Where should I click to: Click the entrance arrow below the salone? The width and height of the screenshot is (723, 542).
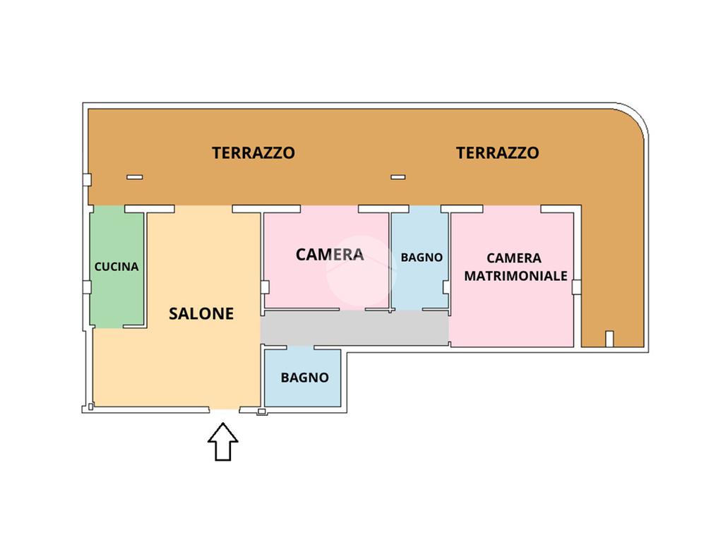pos(223,442)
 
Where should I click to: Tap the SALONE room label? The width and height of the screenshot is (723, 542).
pos(201,314)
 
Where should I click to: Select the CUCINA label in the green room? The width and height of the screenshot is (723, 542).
pos(116,267)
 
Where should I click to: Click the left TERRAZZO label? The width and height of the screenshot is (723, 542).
pos(253,153)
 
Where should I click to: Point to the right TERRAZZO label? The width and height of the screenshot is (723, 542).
pos(498,153)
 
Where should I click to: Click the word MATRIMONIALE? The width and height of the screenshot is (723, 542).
pos(515,276)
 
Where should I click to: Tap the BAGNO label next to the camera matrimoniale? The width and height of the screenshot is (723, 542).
pos(422,258)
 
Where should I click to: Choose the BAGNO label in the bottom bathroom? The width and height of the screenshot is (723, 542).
pos(305,378)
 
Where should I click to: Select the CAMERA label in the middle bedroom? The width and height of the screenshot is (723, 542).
pos(330,254)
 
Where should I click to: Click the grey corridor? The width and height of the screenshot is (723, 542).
pos(354,327)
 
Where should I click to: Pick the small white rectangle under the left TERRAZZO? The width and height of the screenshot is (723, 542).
pos(135,177)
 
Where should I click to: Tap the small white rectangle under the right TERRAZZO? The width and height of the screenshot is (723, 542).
pos(398,177)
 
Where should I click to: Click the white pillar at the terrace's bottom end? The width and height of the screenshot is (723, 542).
pos(609,339)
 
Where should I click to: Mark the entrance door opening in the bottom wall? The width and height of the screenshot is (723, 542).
pos(225,409)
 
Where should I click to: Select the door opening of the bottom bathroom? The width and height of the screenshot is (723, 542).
pos(300,347)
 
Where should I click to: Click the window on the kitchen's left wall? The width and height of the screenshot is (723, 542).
pos(87,287)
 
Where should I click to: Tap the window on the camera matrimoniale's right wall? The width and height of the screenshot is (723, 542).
pos(576,287)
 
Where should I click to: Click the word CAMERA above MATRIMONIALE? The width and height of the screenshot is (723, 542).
pos(514,258)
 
